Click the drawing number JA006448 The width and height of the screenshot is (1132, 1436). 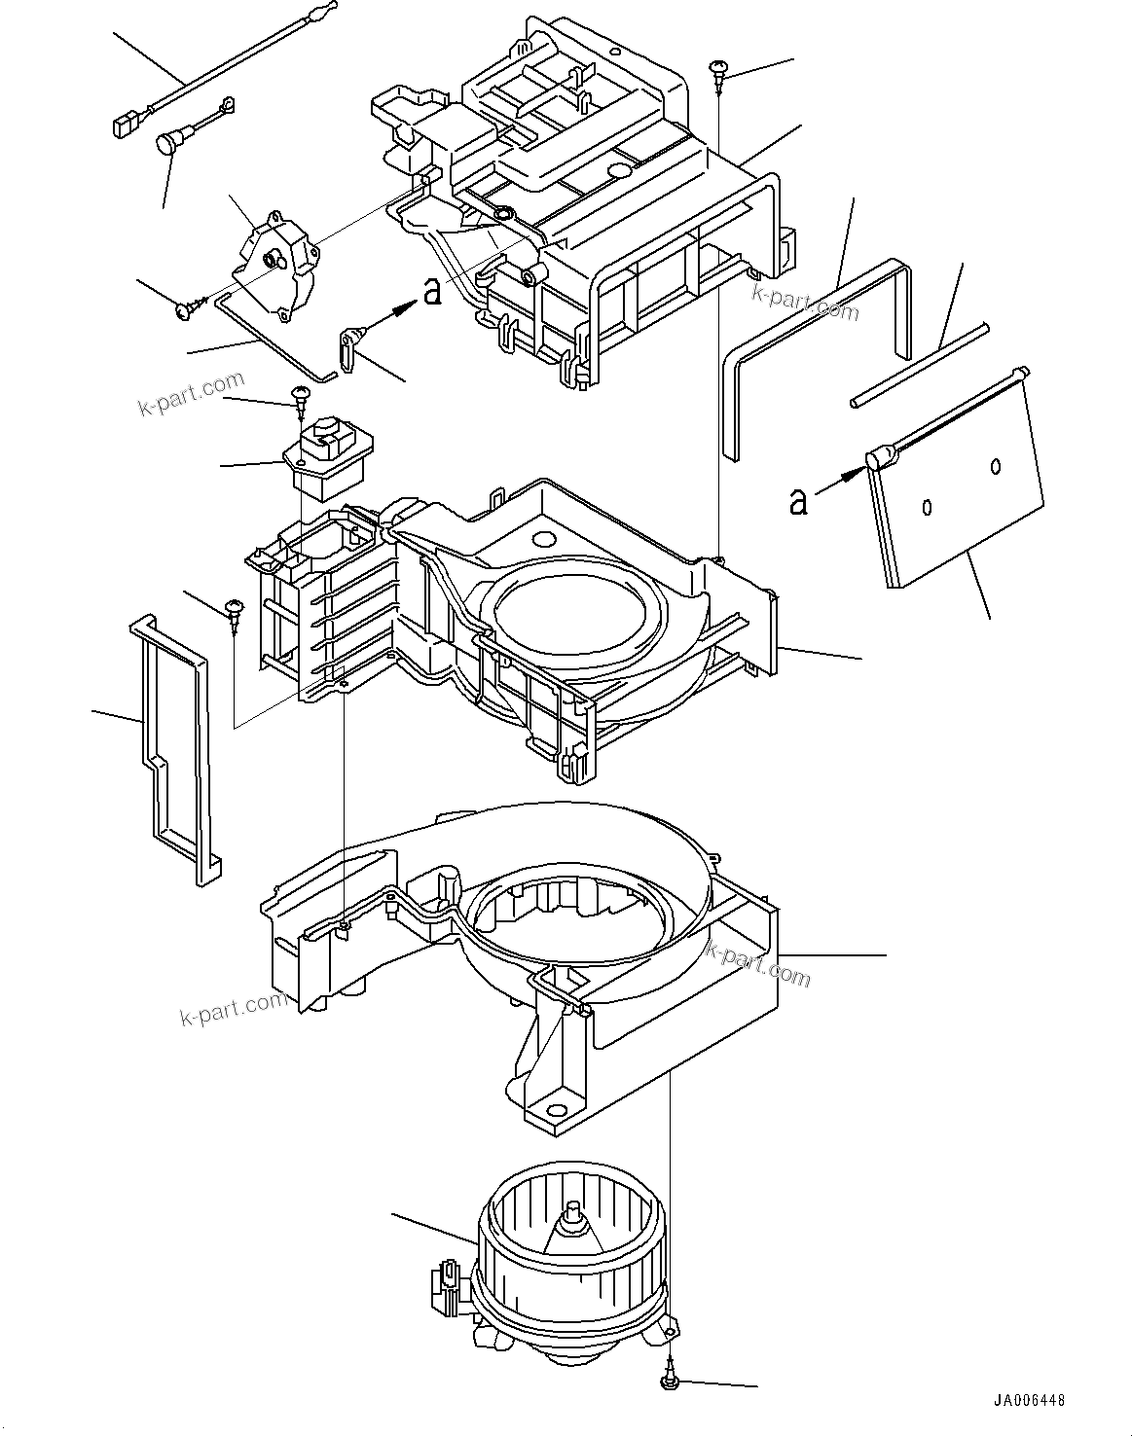tap(1029, 1400)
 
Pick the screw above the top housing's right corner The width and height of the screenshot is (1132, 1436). tap(719, 69)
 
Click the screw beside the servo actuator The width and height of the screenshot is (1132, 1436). tap(185, 308)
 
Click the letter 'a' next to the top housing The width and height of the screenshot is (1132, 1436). tap(432, 290)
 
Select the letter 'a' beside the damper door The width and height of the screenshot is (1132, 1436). tap(798, 501)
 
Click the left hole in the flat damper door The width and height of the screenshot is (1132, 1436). tap(927, 506)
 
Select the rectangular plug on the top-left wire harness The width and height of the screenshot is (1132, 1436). tap(123, 125)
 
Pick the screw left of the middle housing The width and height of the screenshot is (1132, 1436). tap(234, 612)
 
